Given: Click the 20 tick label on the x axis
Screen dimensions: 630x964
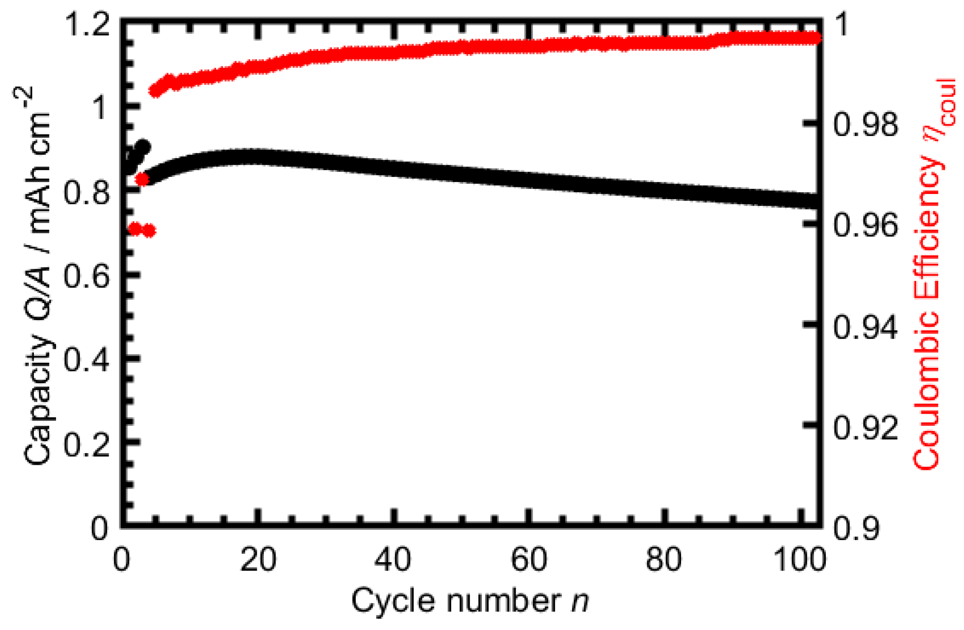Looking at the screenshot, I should click(x=258, y=560).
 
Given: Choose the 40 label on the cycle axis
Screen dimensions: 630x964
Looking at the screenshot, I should click(x=392, y=560).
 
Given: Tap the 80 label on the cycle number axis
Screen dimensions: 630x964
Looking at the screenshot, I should click(x=663, y=560).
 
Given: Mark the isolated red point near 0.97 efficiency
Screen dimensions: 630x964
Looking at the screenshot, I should click(x=142, y=179).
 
